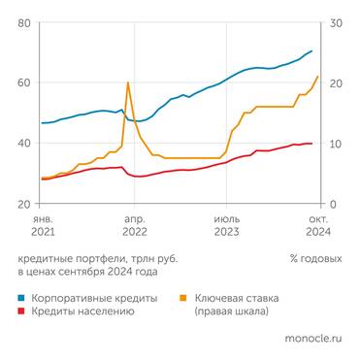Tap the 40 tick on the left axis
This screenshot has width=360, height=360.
25,144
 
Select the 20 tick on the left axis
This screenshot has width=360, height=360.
25,204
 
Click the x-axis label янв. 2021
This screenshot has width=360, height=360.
42,226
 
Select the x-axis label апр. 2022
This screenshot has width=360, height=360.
134,226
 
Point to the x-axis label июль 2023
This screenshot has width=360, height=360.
226,226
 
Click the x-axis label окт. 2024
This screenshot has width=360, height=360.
318,226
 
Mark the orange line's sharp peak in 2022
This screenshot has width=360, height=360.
128,82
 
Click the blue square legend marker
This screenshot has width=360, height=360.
21,298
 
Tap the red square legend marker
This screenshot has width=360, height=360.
21,311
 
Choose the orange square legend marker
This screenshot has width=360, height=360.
185,298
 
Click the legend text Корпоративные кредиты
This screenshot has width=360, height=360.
95,298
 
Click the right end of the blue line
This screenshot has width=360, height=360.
311,50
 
